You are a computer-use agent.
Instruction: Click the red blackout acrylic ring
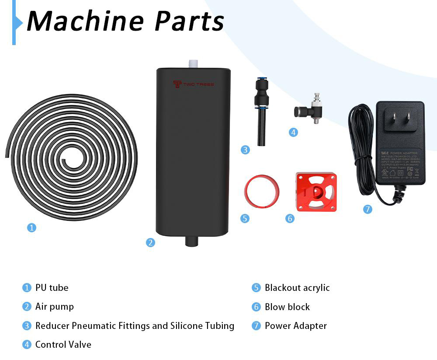coord(261,191)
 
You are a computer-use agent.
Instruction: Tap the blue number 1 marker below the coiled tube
coord(31,227)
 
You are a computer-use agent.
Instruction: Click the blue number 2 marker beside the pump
coord(150,242)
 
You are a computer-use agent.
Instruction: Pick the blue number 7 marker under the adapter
coord(368,209)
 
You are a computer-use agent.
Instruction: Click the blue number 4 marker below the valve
coord(293,132)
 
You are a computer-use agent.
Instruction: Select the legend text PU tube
coord(52,288)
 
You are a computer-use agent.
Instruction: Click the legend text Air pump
coord(55,307)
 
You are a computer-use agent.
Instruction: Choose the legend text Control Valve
coord(63,345)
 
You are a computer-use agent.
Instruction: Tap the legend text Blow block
coord(287,307)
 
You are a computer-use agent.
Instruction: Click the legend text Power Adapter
coord(295,326)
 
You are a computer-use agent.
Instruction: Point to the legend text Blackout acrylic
coord(297,288)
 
